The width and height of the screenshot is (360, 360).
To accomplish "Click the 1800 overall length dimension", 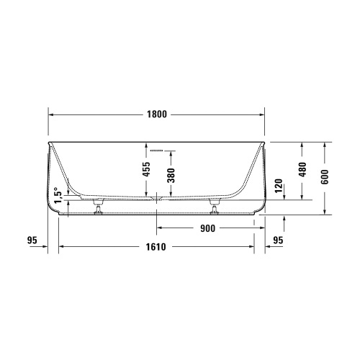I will (156, 114).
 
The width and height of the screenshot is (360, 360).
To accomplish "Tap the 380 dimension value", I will (171, 176).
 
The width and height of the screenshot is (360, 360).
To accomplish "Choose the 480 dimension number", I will (302, 170).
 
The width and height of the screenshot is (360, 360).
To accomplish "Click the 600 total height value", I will (325, 177).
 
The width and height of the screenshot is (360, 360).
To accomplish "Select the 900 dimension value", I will (207, 229).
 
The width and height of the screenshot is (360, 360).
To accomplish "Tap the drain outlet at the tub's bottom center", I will (156, 197).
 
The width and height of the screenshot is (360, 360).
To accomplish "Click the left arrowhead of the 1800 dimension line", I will (51, 114).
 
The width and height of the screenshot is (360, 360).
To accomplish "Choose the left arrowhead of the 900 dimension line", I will (160, 229).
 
